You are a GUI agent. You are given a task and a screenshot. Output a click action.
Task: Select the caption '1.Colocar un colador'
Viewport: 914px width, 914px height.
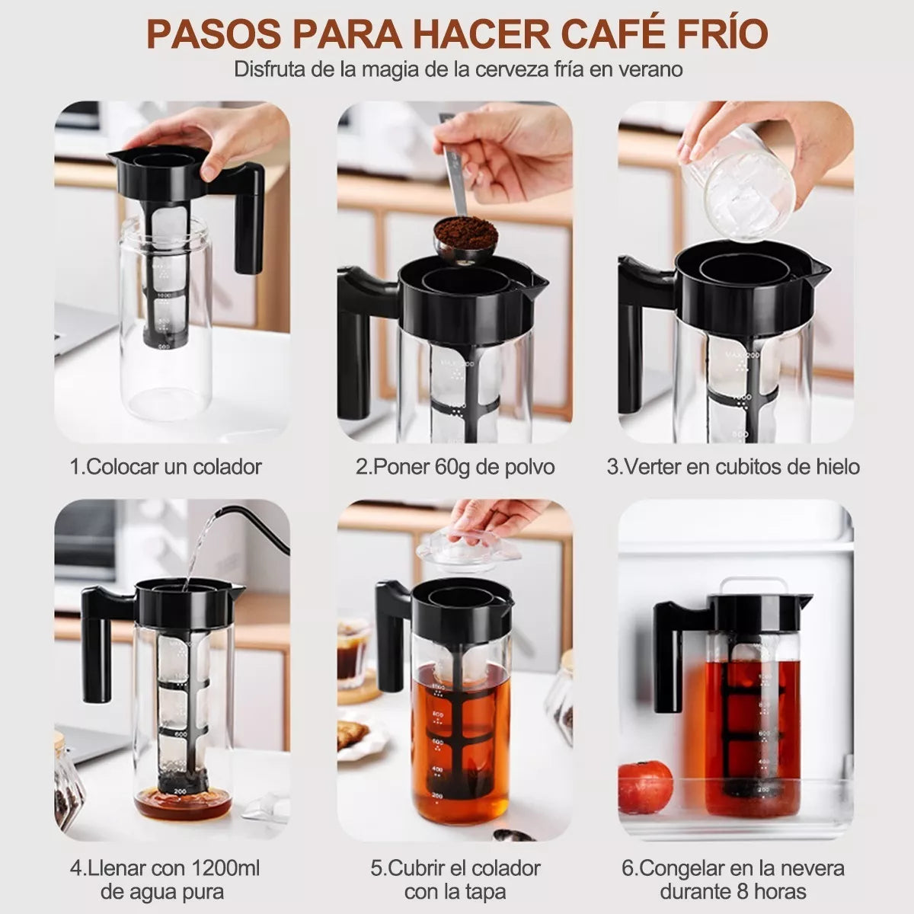tap(165, 467)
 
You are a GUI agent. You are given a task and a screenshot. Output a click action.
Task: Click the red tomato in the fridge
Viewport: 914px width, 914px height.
tap(645, 786)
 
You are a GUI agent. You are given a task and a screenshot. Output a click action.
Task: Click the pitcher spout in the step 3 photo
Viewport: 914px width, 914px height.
tap(820, 268)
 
